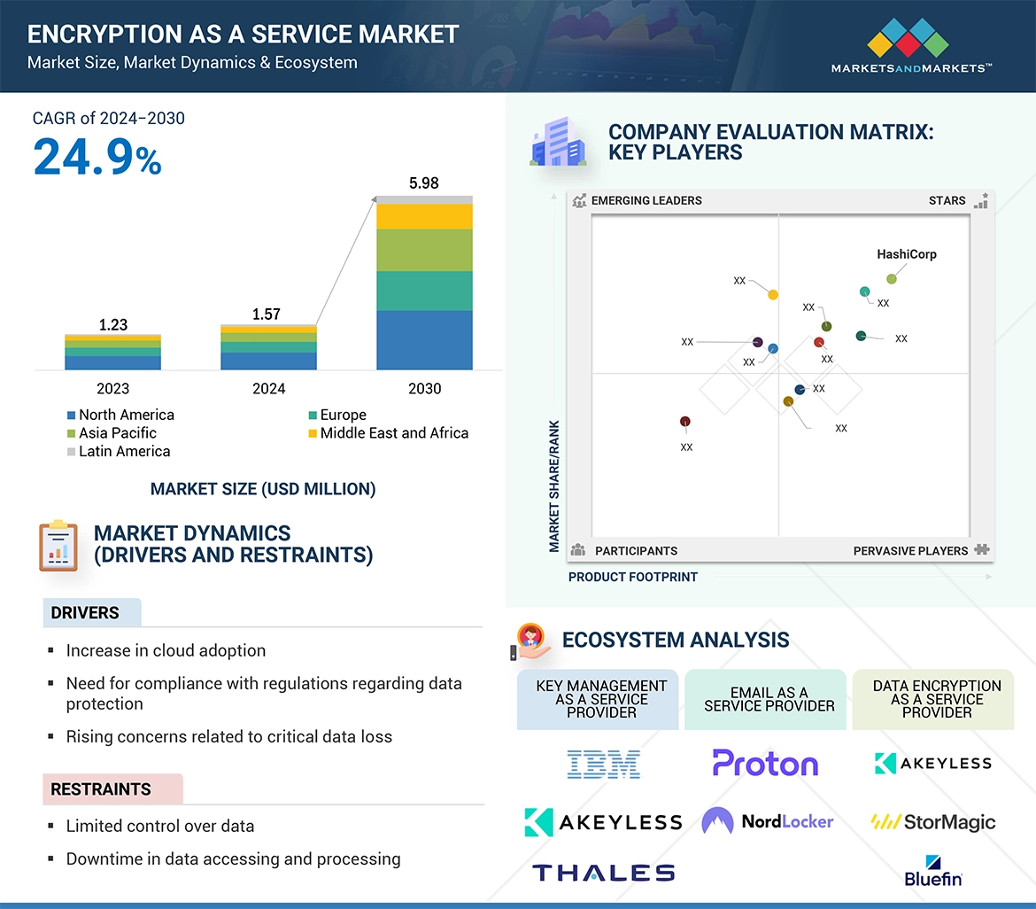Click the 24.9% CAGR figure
(x=97, y=157)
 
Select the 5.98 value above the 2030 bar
(x=424, y=183)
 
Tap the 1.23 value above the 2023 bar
(x=113, y=325)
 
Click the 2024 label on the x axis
(x=268, y=389)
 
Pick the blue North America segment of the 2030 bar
(x=424, y=339)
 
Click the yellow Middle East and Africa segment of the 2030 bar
(x=424, y=216)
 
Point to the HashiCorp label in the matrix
(x=906, y=254)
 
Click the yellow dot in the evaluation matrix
(x=773, y=295)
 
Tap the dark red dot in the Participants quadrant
(x=684, y=422)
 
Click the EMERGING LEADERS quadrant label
(x=646, y=200)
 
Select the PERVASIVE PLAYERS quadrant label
(x=910, y=551)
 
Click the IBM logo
(x=603, y=764)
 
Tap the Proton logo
(x=765, y=763)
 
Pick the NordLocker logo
(x=767, y=821)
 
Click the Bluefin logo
(x=932, y=870)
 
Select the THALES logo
(x=603, y=873)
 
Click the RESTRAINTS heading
(x=100, y=789)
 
